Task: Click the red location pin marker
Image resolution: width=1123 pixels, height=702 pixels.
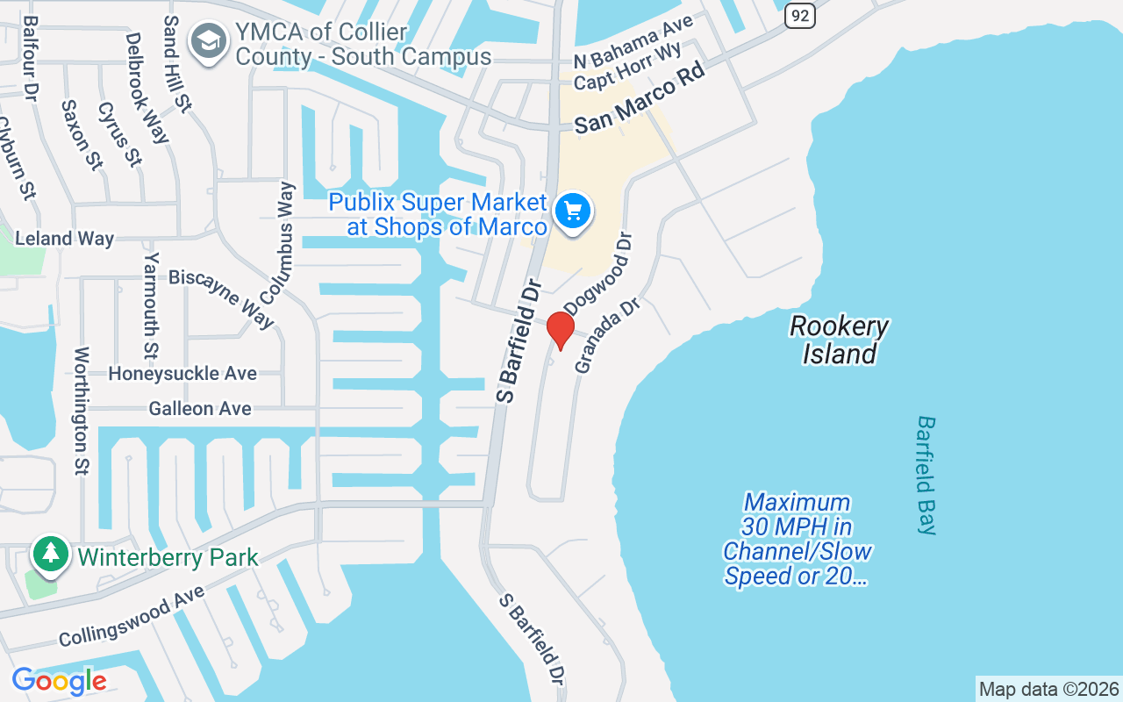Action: click(x=560, y=329)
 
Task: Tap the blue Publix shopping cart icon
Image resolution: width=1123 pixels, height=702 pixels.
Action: click(x=573, y=211)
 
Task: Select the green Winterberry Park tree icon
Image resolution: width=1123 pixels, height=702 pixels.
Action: click(x=52, y=554)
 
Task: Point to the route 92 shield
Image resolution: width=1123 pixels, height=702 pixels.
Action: click(x=799, y=14)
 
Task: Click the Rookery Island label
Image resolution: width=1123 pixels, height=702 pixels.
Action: click(x=840, y=340)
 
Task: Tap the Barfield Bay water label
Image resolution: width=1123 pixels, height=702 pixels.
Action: click(x=926, y=475)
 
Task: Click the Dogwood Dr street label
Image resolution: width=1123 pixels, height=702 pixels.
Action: click(x=598, y=273)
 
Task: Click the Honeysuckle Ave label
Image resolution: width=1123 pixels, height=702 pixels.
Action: click(x=182, y=374)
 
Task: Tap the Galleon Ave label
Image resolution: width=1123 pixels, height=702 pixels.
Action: click(x=200, y=409)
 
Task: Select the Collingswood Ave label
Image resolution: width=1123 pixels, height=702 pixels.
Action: click(x=132, y=616)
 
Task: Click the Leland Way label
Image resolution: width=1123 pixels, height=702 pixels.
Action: click(x=64, y=239)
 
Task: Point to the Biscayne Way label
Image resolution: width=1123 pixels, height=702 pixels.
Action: click(x=222, y=297)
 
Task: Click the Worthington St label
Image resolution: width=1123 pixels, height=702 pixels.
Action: click(x=82, y=410)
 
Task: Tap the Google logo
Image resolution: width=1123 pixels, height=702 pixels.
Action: click(x=59, y=681)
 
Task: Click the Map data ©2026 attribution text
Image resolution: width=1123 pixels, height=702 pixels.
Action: click(x=1048, y=690)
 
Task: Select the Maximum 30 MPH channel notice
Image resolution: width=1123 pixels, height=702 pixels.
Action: click(x=797, y=539)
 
